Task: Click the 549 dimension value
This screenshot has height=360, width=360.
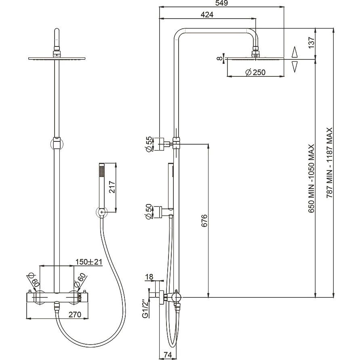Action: click(222, 3)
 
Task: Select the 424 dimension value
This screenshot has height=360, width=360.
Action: click(207, 15)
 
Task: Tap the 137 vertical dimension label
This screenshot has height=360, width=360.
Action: click(311, 42)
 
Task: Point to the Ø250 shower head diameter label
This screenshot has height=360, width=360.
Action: click(255, 72)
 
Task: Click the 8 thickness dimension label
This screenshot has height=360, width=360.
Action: click(220, 58)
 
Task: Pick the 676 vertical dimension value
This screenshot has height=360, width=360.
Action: click(204, 221)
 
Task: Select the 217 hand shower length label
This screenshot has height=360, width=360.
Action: click(112, 187)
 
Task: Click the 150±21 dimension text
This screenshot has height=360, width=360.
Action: click(89, 262)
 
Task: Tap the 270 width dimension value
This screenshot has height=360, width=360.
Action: click(75, 314)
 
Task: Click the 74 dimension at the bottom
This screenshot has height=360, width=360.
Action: click(168, 355)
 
